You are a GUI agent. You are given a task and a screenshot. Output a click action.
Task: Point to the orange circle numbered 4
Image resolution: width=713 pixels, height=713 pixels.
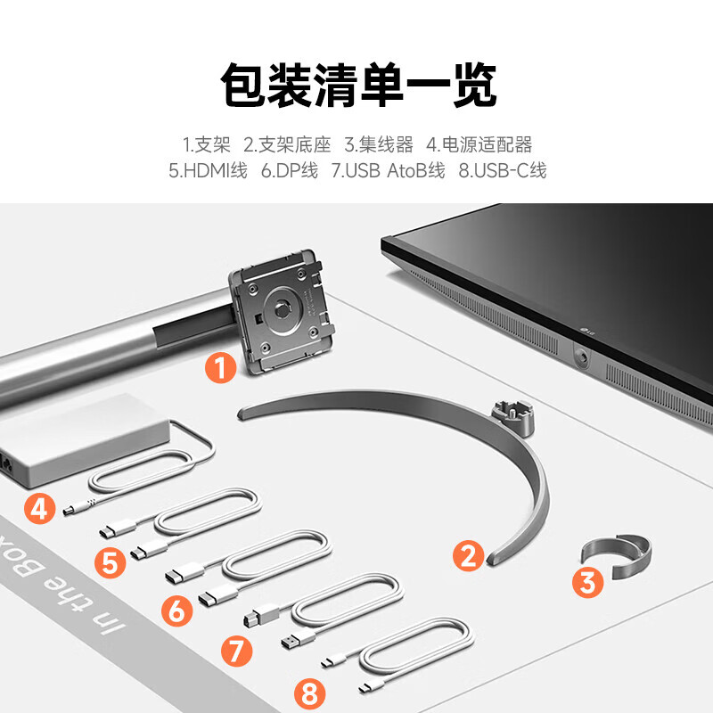(x=38, y=509)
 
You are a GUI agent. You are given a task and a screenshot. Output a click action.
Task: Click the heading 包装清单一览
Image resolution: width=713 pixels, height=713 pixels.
(x=356, y=86)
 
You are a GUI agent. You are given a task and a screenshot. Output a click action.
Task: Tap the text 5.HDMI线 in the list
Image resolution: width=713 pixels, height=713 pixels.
(x=208, y=171)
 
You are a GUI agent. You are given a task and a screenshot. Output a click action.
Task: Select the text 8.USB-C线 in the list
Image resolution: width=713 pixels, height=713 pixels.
(x=502, y=171)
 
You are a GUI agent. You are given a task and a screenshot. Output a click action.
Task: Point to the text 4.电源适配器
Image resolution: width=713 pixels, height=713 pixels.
(x=479, y=144)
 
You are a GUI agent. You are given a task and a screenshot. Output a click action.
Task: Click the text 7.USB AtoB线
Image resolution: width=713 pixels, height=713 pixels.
(x=388, y=171)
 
